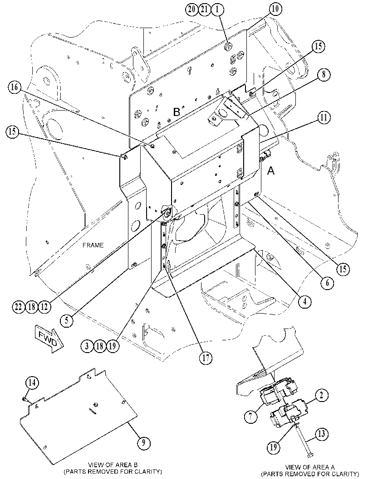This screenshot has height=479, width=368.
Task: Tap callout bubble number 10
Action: tap(275, 9)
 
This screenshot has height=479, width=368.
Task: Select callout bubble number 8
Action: tap(324, 74)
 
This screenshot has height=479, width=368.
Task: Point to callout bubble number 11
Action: tap(324, 118)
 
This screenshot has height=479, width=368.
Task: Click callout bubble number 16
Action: tap(15, 87)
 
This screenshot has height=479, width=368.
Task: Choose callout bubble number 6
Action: tap(327, 283)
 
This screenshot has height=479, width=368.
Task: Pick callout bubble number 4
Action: tap(304, 301)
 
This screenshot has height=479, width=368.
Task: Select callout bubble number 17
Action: tap(206, 357)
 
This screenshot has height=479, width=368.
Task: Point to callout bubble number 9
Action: tap(143, 441)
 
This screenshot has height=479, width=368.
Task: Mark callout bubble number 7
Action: tap(251, 416)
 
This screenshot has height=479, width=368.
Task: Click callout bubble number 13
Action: tap(322, 434)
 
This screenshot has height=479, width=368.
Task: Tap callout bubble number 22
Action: tap(19, 306)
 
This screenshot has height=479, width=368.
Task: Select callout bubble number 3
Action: tap(87, 346)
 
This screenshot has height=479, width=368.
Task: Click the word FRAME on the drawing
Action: tap(93, 245)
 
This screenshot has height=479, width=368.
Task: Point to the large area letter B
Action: tap(177, 112)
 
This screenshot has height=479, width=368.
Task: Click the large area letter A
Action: tap(271, 171)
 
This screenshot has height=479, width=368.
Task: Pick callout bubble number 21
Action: tap(204, 9)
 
